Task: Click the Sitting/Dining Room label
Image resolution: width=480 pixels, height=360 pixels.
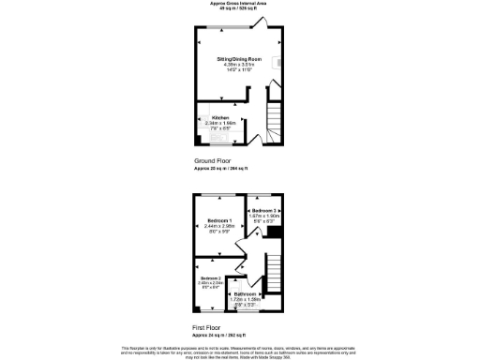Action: tap(239, 59)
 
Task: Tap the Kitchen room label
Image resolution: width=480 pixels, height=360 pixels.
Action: tap(220, 117)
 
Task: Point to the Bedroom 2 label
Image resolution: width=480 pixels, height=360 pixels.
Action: tap(210, 279)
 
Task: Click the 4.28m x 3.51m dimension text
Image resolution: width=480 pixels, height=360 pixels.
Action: tap(239, 65)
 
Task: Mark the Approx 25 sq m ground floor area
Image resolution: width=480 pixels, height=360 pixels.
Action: tap(219, 168)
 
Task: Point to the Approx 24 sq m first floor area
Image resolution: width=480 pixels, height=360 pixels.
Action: tap(219, 334)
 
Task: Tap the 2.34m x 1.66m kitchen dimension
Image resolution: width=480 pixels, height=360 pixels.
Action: tap(220, 123)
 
